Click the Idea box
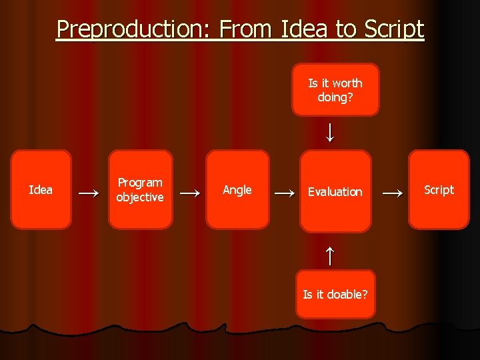click(41, 190)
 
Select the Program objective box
click(139, 190)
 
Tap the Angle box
click(237, 190)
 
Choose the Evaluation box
click(335, 191)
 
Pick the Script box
click(439, 190)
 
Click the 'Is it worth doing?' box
click(335, 90)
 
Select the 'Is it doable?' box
click(335, 294)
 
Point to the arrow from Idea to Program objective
click(90, 193)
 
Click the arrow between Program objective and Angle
click(190, 193)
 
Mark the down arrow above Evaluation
click(329, 132)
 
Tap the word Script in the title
click(394, 29)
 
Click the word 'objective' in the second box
click(139, 197)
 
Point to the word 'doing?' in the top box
click(335, 97)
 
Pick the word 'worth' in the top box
click(347, 83)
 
